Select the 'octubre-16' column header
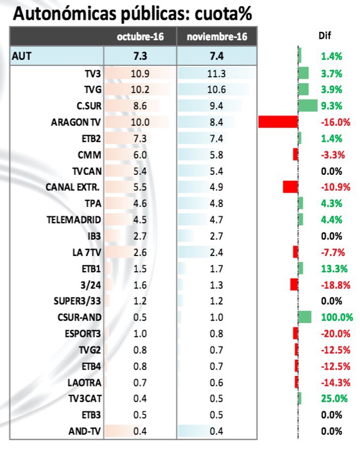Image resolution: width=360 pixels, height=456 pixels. coord(140,38)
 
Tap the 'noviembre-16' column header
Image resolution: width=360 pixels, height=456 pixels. coord(216,38)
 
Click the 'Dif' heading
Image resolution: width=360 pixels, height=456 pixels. coord(325,36)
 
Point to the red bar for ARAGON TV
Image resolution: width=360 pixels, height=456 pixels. coord(277,122)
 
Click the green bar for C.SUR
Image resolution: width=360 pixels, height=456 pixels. coord(308,106)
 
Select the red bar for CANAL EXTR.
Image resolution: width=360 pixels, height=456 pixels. coord(290,187)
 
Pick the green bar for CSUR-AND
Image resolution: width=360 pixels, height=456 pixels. coord(305,317)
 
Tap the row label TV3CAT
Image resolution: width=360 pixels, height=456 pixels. coord(85,398)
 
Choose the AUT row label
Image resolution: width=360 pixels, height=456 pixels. coord(22,56)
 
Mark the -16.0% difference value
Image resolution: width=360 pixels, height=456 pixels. coord(335,122)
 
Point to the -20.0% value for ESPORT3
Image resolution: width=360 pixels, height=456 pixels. coord(335,333)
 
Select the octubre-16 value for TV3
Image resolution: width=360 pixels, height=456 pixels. coord(140,74)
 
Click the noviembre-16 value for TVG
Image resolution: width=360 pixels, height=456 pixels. coord(216,89)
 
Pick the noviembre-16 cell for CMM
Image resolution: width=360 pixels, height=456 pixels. coord(216,155)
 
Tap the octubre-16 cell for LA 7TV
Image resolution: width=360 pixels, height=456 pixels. coord(140,252)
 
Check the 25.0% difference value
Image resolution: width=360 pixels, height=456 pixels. coord(331,398)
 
